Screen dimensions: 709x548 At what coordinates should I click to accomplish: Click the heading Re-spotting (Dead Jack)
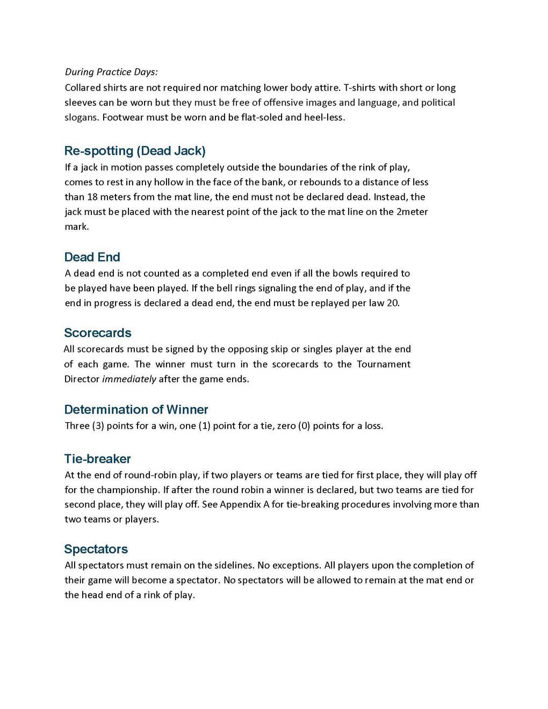tap(135, 150)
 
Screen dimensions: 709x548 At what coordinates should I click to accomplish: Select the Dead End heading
tap(92, 257)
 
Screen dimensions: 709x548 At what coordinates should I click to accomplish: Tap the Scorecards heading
tap(97, 332)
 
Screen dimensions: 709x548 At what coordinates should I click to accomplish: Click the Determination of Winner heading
tap(136, 409)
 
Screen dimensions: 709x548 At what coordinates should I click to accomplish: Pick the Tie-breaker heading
tap(97, 459)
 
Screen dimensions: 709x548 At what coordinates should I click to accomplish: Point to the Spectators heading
tap(96, 549)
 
